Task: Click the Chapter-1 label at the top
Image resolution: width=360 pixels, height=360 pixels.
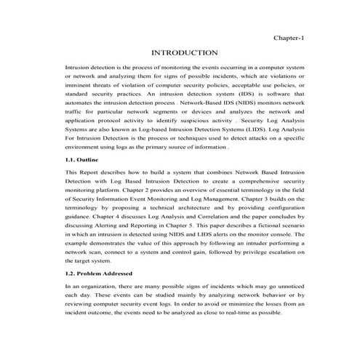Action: [287, 36]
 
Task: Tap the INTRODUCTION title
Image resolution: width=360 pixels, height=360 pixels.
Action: [184, 53]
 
